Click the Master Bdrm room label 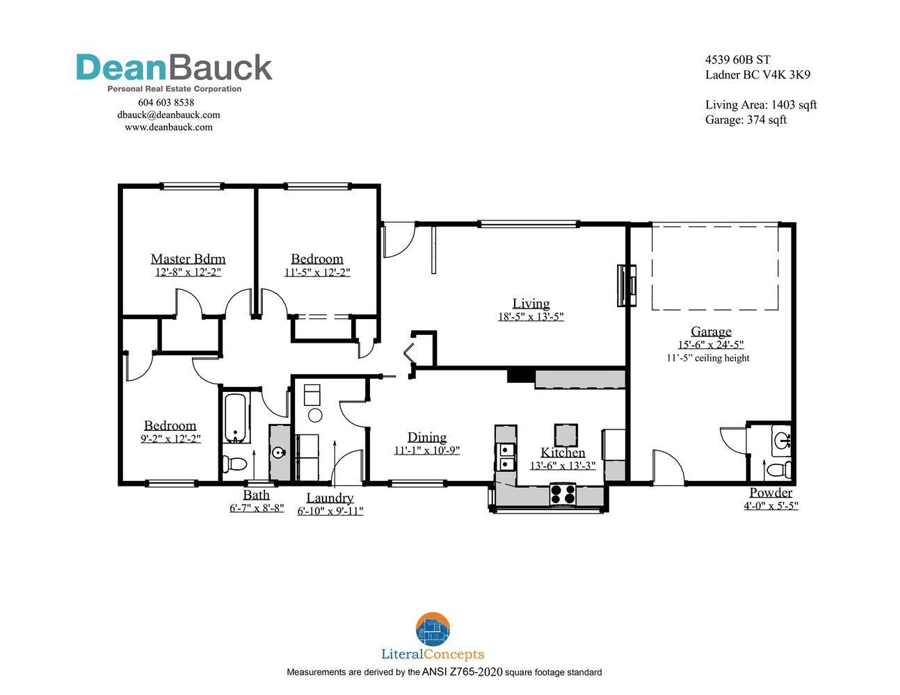pyautogui.click(x=188, y=259)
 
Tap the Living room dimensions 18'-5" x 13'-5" pyautogui.click(x=531, y=317)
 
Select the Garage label pyautogui.click(x=711, y=332)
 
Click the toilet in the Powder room pyautogui.click(x=779, y=470)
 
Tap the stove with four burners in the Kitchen pyautogui.click(x=563, y=494)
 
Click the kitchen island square pyautogui.click(x=565, y=435)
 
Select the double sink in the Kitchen pyautogui.click(x=505, y=457)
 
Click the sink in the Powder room pyautogui.click(x=782, y=440)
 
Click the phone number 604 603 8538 pyautogui.click(x=166, y=102)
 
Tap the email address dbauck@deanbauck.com pyautogui.click(x=168, y=115)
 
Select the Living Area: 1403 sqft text pyautogui.click(x=761, y=105)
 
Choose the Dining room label pyautogui.click(x=427, y=437)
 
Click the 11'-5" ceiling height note pyautogui.click(x=708, y=358)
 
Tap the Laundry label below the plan pyautogui.click(x=330, y=498)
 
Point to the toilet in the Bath pyautogui.click(x=234, y=464)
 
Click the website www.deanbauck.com pyautogui.click(x=168, y=127)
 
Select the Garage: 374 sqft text pyautogui.click(x=746, y=120)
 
